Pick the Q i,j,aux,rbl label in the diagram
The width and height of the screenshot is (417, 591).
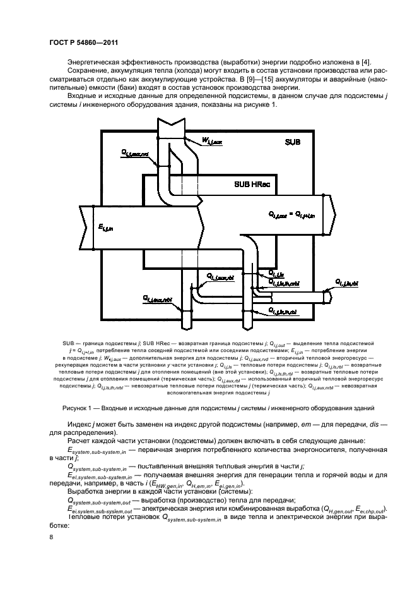point(220,277)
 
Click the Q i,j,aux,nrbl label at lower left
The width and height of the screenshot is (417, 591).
point(156,298)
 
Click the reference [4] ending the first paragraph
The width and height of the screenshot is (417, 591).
point(370,61)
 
